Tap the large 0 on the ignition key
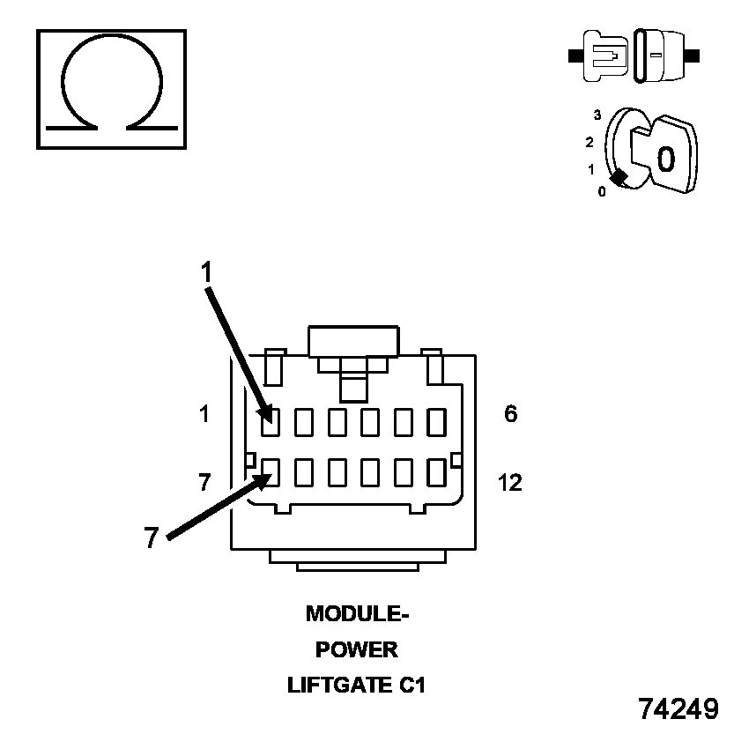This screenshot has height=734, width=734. [666, 159]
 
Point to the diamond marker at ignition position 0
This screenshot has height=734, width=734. [619, 177]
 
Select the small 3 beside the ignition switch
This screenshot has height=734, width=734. [597, 115]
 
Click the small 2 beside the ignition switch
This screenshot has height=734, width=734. [589, 142]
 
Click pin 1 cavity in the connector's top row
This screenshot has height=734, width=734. [271, 423]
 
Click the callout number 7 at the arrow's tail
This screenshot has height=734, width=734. [152, 538]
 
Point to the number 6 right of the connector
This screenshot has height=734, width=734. [511, 413]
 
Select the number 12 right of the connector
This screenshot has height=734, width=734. [509, 483]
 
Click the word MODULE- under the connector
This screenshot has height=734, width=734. [357, 613]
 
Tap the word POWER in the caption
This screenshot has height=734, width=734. [357, 650]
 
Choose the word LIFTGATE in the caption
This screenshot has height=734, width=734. [339, 686]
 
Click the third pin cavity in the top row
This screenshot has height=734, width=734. [337, 423]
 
